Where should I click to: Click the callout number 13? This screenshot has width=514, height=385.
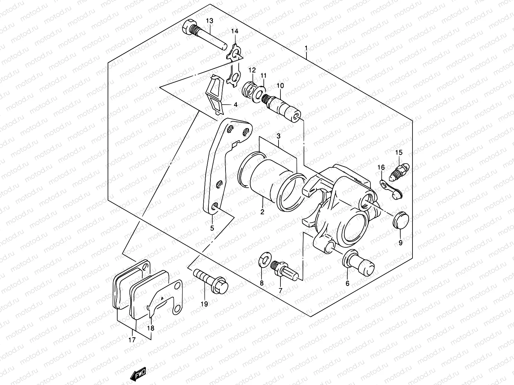click(x=209, y=21)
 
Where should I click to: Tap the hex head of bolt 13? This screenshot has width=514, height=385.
click(x=187, y=29)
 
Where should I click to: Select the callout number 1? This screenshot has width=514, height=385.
click(x=306, y=48)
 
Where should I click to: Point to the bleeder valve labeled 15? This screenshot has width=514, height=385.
click(x=399, y=171)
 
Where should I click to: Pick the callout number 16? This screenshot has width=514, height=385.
click(x=381, y=167)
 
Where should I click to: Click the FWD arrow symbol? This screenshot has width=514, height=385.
click(x=139, y=375)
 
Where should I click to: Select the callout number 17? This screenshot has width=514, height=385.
click(x=132, y=340)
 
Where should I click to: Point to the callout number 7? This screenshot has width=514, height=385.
click(x=280, y=291)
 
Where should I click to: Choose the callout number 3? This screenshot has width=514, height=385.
click(x=279, y=136)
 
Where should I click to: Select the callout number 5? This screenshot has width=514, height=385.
click(x=212, y=228)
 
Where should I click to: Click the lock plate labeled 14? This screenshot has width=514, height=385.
click(x=235, y=66)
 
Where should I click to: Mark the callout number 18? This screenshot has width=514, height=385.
click(x=150, y=328)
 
